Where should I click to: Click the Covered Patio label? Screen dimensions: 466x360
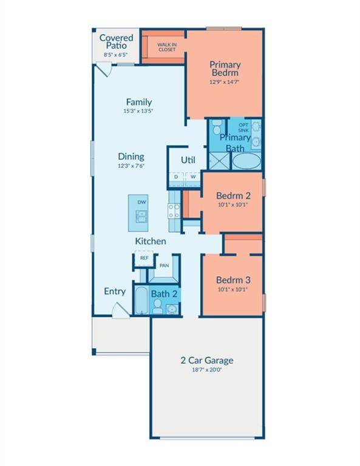(116, 41)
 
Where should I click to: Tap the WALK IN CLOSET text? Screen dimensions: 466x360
(167, 47)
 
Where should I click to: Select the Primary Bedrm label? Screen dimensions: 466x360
(225, 69)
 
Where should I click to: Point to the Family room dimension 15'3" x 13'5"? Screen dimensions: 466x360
(139, 111)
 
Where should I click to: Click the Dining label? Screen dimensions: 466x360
(131, 157)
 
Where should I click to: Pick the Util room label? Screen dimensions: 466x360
(188, 160)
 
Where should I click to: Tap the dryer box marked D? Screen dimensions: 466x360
(176, 177)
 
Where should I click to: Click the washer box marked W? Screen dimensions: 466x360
(192, 177)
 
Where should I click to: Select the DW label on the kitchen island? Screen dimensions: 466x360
(141, 202)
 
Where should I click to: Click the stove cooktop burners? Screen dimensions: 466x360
(174, 211)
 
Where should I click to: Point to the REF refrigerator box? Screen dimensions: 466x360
(144, 258)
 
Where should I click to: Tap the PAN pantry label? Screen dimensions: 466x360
(163, 265)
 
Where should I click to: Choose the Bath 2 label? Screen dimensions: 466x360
(164, 294)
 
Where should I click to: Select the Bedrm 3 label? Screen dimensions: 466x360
(233, 280)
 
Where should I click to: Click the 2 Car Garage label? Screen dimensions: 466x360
(206, 360)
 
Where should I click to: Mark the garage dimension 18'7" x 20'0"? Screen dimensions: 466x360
(206, 370)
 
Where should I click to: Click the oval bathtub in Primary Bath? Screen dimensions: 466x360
(246, 161)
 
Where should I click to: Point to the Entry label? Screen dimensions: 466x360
(115, 291)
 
